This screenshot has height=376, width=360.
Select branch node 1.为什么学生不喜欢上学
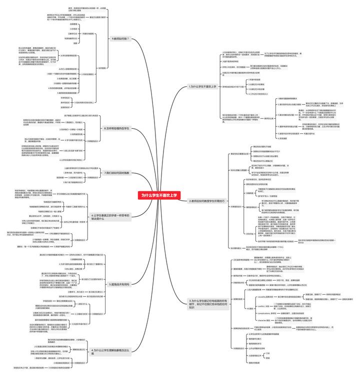(x=202, y=86)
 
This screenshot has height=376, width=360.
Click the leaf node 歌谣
(x=268, y=358)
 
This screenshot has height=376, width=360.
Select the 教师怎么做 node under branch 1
(x=268, y=118)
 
